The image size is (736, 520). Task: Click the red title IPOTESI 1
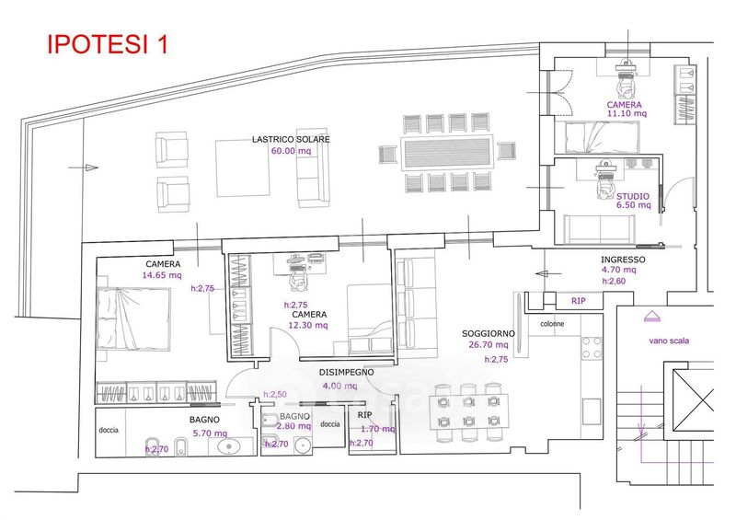[x=108, y=44]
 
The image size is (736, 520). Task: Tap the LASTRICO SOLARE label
[x=292, y=139]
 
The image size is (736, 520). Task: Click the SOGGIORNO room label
[x=489, y=334]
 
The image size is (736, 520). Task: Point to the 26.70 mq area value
[x=489, y=347]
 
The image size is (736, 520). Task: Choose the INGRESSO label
[x=623, y=260]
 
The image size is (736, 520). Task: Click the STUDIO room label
[x=633, y=196]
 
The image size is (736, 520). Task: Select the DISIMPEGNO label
[x=347, y=373]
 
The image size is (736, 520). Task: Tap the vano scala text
[x=668, y=341]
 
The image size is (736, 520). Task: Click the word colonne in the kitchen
[x=552, y=325]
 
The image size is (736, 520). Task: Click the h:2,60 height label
[x=614, y=282]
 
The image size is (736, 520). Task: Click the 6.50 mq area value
[x=633, y=206]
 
